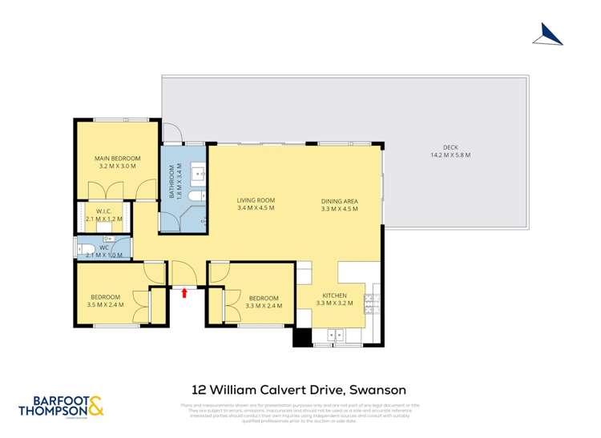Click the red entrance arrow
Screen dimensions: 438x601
coord(184,293)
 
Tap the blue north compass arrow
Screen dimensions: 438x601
coord(547,33)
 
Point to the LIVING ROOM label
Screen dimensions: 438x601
coord(256,200)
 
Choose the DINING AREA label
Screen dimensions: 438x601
coord(339,200)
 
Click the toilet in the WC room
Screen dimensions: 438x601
coord(85,250)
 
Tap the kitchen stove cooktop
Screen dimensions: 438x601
coord(371,303)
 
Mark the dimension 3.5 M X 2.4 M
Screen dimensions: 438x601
coord(105,304)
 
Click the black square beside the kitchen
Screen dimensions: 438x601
coord(301,338)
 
